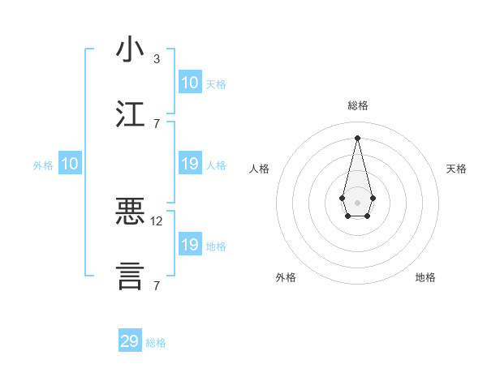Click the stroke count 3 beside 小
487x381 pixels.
(156, 59)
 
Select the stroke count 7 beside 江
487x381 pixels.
(156, 123)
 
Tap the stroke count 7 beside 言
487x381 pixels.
(156, 285)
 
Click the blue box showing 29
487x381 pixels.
(130, 341)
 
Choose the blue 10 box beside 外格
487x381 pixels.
(70, 165)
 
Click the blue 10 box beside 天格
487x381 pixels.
(190, 83)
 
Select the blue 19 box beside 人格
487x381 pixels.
(190, 165)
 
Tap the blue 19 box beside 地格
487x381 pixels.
(190, 245)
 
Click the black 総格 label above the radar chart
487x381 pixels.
(358, 105)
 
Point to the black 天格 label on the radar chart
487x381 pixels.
(456, 169)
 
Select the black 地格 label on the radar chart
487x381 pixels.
(425, 277)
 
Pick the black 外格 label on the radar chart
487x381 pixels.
(286, 277)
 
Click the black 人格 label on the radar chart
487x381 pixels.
(259, 169)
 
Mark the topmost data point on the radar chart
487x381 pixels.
(358, 138)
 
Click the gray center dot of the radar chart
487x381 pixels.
(358, 202)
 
